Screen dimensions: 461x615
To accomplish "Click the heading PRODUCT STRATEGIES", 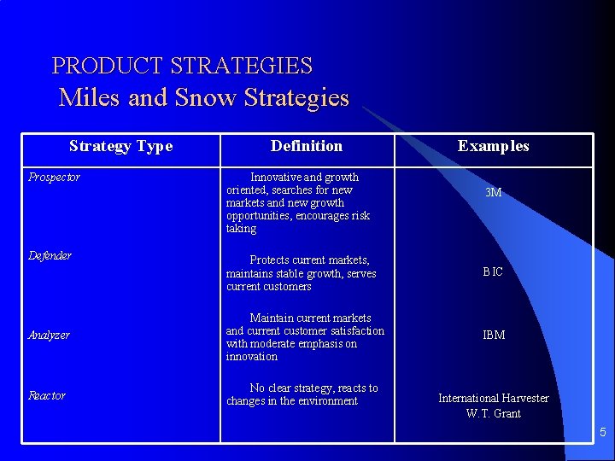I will (182, 66).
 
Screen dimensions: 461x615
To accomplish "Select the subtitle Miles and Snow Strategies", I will (204, 97).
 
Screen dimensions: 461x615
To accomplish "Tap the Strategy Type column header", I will (120, 146).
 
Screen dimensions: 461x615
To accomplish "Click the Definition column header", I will (307, 146).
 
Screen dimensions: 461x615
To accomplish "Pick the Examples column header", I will (493, 146).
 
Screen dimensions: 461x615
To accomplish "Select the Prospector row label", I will (54, 178).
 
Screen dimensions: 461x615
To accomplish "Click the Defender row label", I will (50, 255).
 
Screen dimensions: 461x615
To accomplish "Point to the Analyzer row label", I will (49, 336).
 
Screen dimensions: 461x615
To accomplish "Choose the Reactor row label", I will (47, 395).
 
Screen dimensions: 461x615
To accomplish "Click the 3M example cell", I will (493, 193).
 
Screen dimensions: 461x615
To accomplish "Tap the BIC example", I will (493, 271).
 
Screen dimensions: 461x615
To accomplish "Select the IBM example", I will (494, 335).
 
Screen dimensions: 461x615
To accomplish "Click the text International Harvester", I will (494, 398).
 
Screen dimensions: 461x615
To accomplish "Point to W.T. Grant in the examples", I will (494, 414).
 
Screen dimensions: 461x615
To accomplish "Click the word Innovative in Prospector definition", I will (276, 178).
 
